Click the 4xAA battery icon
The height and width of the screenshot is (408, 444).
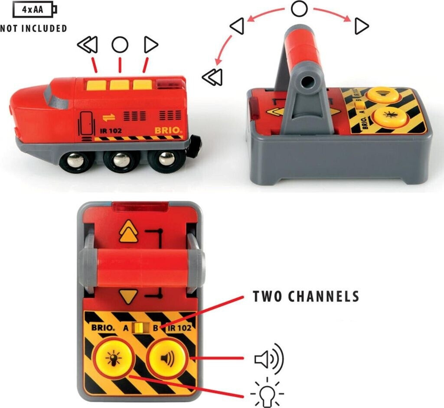35,10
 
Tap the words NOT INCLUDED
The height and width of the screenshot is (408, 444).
33,29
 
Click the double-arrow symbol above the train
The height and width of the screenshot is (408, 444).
88,45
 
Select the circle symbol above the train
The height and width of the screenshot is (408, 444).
120,45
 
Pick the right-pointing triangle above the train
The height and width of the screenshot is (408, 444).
150,45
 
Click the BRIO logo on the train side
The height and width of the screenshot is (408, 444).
168,130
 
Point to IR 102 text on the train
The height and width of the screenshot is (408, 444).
111,131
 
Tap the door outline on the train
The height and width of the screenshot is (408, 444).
86,123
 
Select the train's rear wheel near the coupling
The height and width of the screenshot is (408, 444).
164,159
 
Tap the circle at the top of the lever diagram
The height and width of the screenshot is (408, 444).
299,9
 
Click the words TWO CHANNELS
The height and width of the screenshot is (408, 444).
306,296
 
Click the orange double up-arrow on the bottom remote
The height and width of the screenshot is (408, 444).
129,231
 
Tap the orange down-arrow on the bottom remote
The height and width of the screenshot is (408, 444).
128,296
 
